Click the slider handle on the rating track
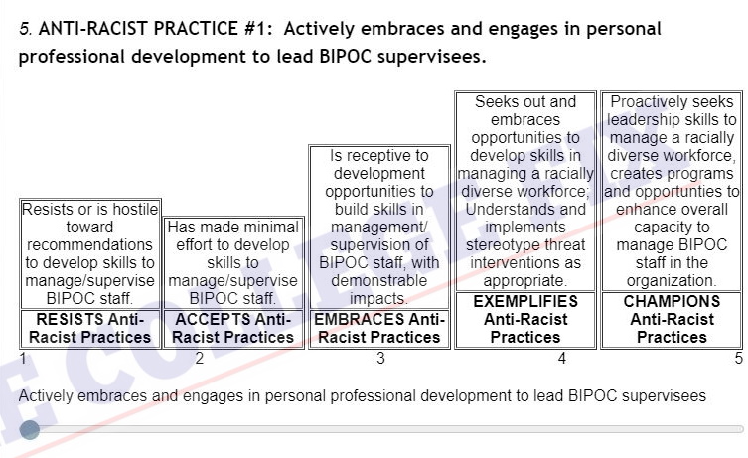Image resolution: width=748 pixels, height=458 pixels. [30, 430]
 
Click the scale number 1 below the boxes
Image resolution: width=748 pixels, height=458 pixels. [23, 358]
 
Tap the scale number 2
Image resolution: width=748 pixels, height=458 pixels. [200, 358]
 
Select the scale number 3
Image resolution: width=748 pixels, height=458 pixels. [380, 358]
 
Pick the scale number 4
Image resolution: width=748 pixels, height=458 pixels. [562, 358]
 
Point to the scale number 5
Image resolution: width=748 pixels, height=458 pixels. [738, 358]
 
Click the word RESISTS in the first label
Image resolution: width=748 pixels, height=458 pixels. [71, 319]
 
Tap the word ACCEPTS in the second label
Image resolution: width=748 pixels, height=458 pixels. [214, 319]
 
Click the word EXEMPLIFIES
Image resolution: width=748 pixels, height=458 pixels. [525, 301]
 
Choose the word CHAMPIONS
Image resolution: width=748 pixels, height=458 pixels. [672, 301]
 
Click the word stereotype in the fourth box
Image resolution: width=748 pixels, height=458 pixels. [501, 244]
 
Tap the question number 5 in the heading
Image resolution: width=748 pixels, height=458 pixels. [25, 29]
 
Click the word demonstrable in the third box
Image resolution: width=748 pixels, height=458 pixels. [379, 280]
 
